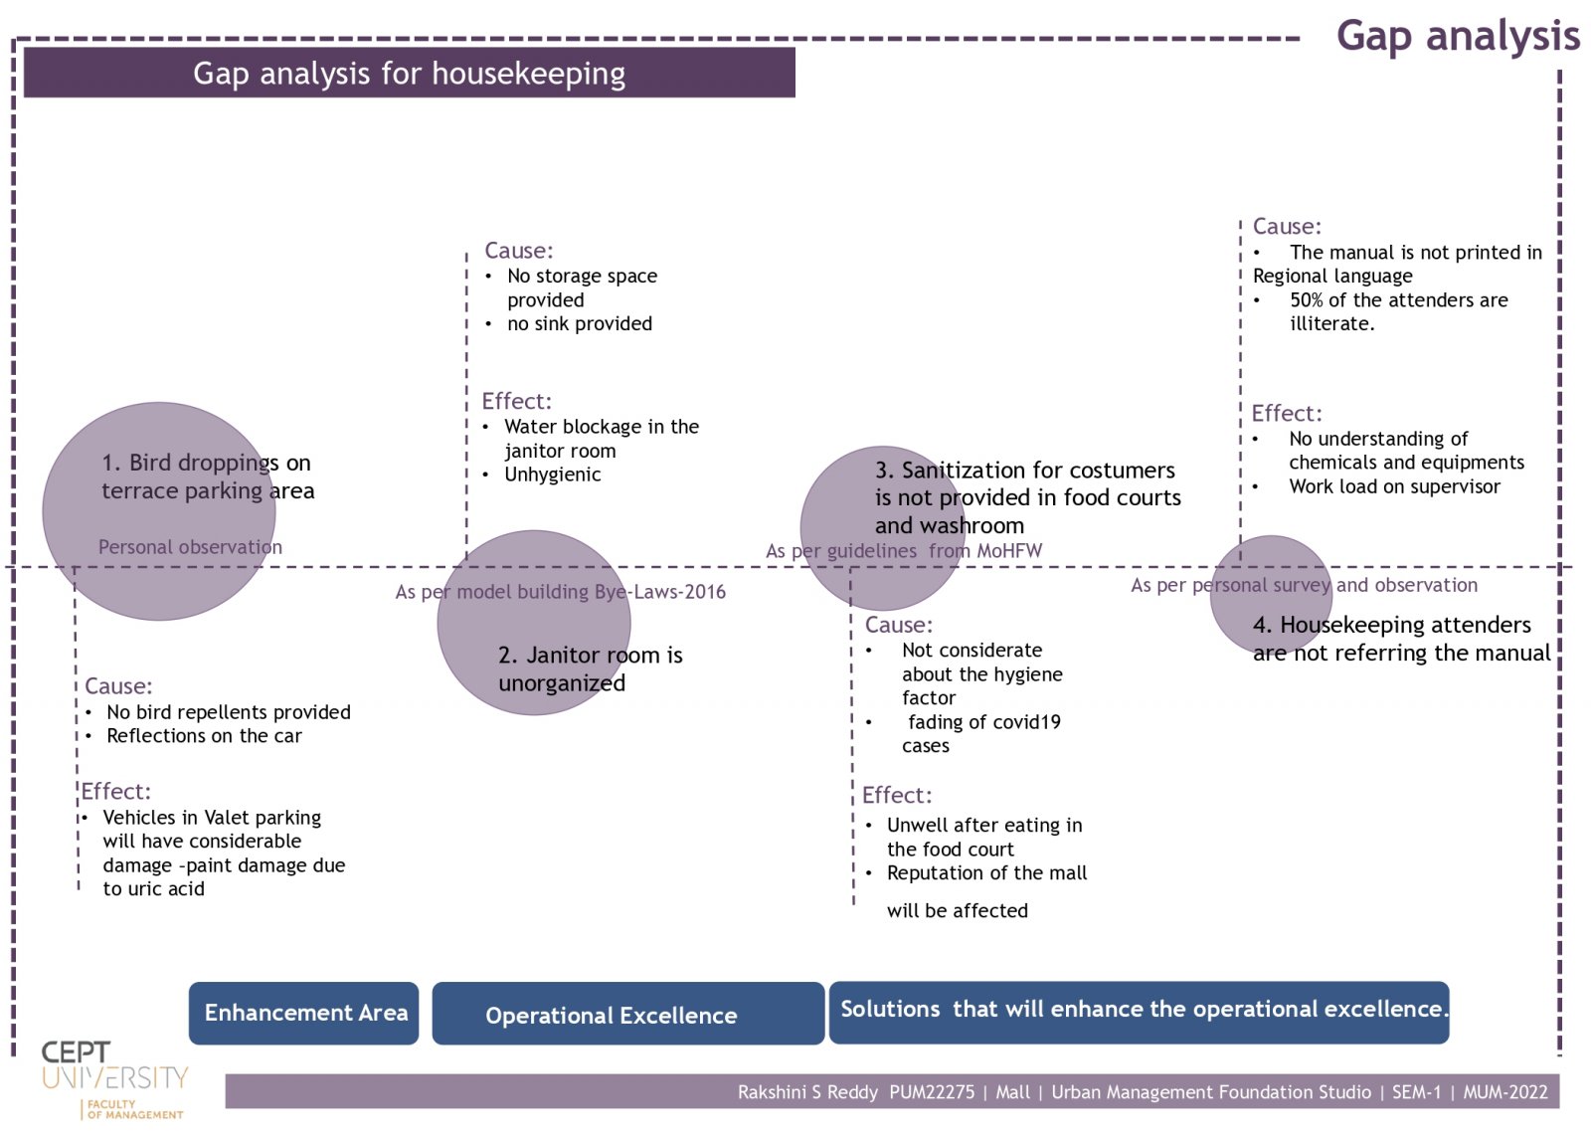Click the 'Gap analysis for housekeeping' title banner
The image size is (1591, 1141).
[x=409, y=73]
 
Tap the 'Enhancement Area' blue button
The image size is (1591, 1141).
[x=304, y=1013]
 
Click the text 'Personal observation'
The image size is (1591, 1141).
[x=190, y=547]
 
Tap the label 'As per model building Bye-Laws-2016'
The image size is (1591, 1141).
[x=560, y=592]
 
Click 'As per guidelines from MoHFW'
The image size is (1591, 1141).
[x=903, y=551]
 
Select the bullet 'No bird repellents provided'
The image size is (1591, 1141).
[x=228, y=712]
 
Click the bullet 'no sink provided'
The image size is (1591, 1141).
[x=579, y=323]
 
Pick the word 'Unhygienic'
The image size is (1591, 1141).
[x=552, y=475]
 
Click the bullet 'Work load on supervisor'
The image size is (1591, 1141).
[x=1394, y=486]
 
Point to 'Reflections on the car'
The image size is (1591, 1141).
[x=204, y=736]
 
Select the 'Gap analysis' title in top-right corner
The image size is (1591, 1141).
[x=1457, y=36]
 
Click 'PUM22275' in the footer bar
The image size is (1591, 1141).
[x=931, y=1092]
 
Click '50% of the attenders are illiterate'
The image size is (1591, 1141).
[x=1397, y=311]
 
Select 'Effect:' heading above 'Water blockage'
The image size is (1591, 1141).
[x=516, y=401]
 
